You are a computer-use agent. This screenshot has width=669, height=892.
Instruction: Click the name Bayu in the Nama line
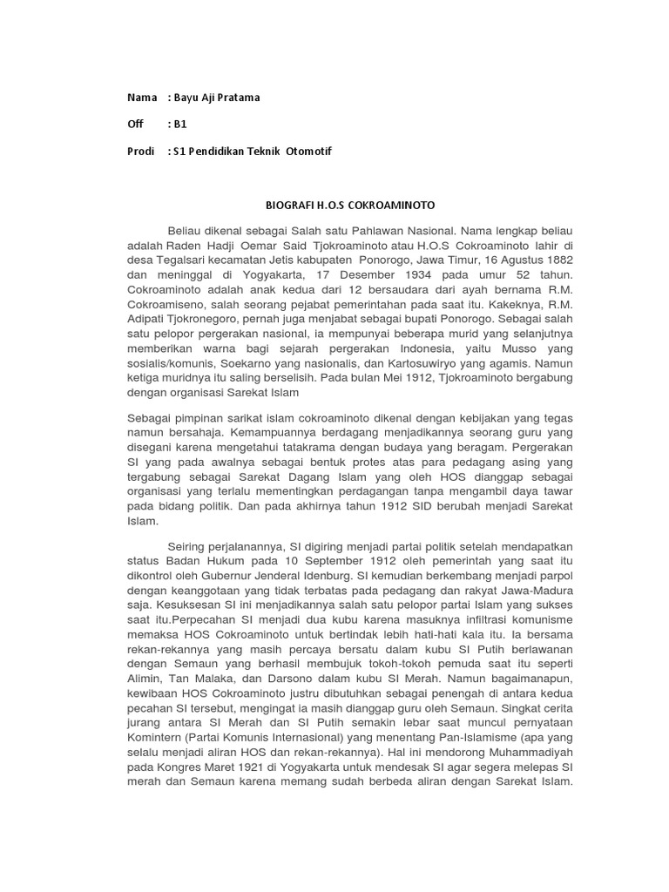tap(188, 98)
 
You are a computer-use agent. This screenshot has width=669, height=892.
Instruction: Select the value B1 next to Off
tap(180, 125)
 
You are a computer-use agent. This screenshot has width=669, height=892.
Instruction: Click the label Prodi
tap(140, 152)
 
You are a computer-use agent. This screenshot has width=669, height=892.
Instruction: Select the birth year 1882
tap(557, 260)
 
